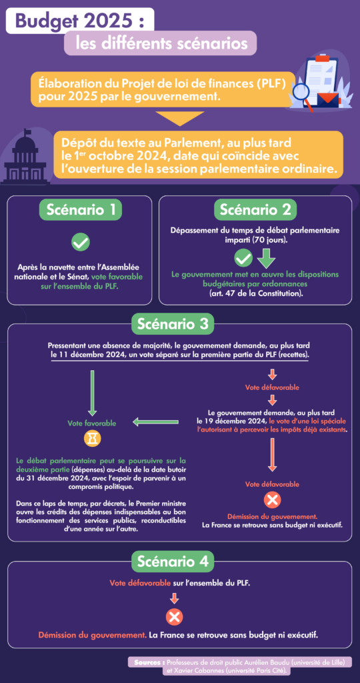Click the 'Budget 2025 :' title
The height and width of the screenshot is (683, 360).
coord(79,21)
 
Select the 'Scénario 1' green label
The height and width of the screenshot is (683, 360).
coord(81,210)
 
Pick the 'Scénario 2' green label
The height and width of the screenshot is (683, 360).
coord(255,210)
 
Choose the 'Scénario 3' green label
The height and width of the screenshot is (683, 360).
coord(173,324)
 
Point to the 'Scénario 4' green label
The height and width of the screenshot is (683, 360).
coord(173,562)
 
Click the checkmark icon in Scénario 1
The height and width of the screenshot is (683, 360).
coord(81,241)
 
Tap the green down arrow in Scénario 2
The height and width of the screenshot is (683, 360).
coord(266,259)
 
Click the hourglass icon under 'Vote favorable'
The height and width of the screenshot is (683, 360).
coord(92,439)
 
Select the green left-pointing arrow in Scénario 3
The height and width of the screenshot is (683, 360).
coord(155,422)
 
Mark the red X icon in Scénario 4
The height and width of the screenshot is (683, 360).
coord(175,617)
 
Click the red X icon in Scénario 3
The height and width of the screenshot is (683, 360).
coord(272,500)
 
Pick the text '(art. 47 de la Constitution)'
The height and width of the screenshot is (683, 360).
coord(255,293)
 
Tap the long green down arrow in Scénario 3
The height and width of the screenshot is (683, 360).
coord(92,393)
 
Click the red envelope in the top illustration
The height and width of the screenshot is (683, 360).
coord(328,101)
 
